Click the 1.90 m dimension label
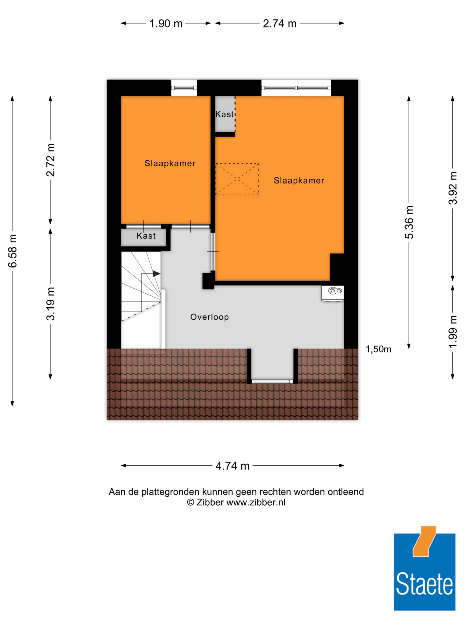[x=166, y=23]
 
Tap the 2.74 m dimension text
[x=279, y=23]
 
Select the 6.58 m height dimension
[x=13, y=251]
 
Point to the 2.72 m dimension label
[x=51, y=160]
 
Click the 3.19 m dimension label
[x=51, y=304]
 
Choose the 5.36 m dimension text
[x=409, y=222]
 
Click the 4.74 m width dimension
[x=233, y=466]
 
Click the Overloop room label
[x=210, y=317]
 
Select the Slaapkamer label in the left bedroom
[x=170, y=163]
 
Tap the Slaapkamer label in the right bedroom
[x=299, y=180]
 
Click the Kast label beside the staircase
[x=146, y=236]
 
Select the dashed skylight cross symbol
[x=237, y=179]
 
